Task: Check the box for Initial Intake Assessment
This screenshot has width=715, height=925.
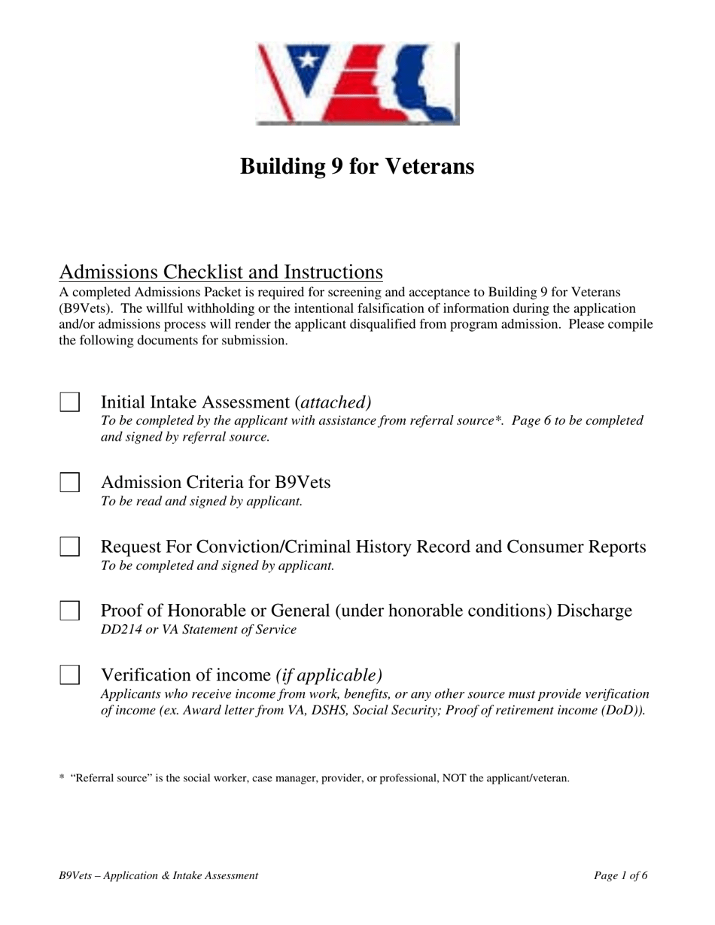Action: click(70, 402)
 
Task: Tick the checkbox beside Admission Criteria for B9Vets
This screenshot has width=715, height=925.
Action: click(70, 482)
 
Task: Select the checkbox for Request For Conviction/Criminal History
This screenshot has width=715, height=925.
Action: click(70, 547)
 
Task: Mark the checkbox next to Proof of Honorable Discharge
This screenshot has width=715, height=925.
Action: click(70, 611)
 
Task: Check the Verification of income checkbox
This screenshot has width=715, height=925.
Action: click(70, 675)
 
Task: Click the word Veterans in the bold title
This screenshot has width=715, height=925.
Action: click(431, 166)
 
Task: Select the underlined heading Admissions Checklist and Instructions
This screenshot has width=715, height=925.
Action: click(221, 271)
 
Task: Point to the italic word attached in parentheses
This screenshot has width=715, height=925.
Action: click(336, 402)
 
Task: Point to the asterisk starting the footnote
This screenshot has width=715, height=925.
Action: click(61, 778)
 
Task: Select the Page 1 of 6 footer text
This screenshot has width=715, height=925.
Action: click(620, 875)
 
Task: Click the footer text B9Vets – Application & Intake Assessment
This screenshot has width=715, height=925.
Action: click(158, 875)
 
